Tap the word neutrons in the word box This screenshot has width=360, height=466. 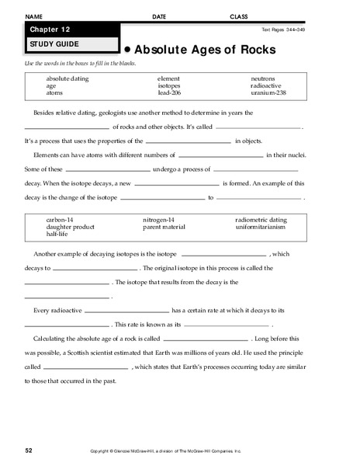pyautogui.click(x=262, y=78)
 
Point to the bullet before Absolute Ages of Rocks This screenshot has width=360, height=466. pyautogui.click(x=126, y=48)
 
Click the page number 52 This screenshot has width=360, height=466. pyautogui.click(x=28, y=450)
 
